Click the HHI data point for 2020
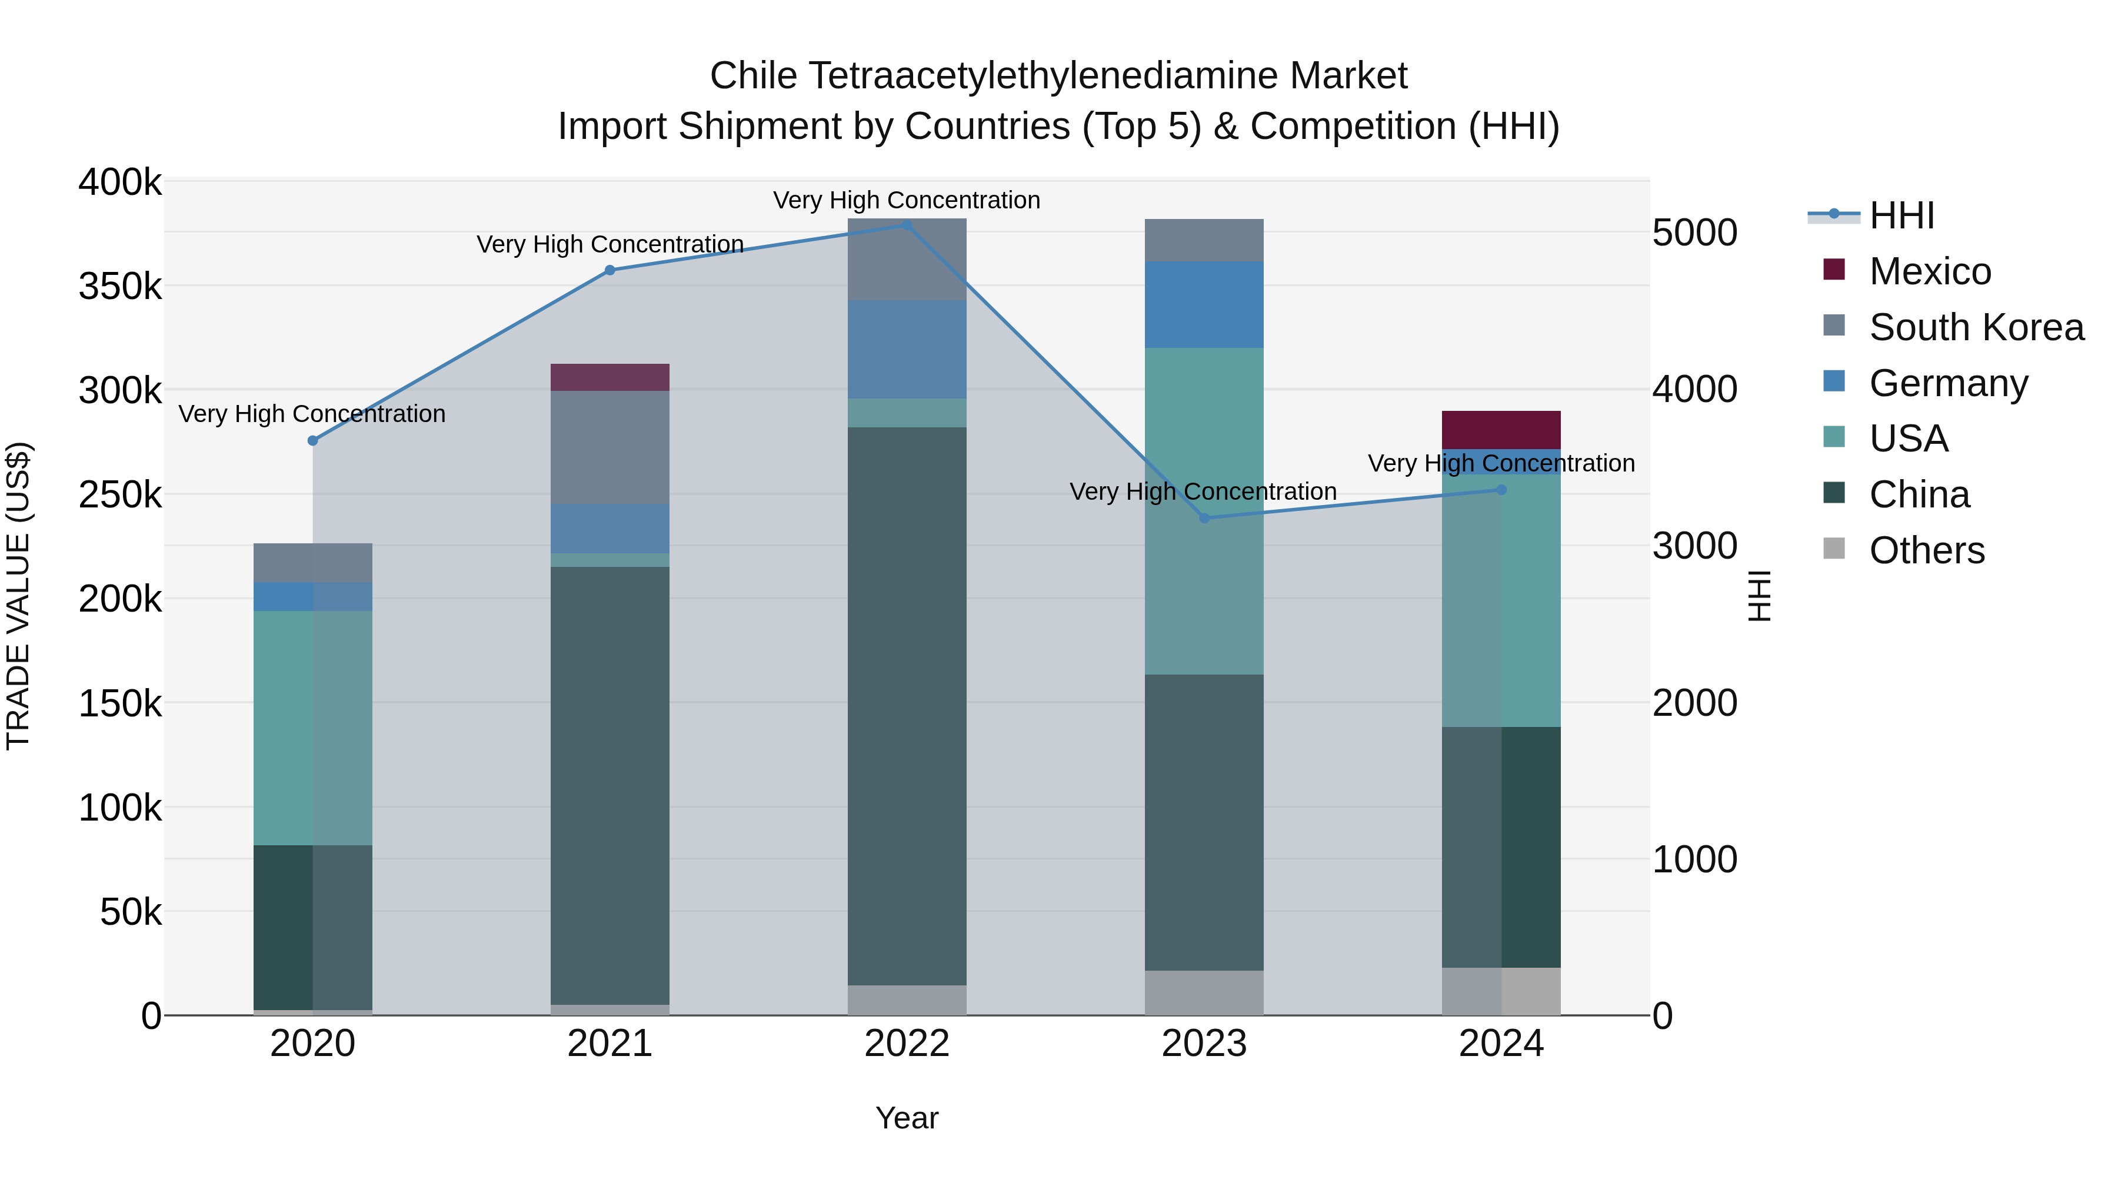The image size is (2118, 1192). [312, 441]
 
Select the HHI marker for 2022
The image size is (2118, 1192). [907, 225]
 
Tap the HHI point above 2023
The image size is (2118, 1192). [1204, 518]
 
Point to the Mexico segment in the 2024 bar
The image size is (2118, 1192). [1501, 430]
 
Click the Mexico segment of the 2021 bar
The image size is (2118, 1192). [610, 377]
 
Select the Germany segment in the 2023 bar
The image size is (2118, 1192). [1204, 304]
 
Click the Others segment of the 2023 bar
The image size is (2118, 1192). [1204, 993]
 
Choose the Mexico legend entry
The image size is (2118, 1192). [1930, 271]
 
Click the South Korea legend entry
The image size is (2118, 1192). [1976, 327]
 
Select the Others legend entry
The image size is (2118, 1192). [1926, 550]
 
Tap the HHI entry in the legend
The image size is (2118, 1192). [1901, 215]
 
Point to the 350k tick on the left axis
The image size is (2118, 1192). [120, 287]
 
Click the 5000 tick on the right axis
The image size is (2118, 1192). [1694, 233]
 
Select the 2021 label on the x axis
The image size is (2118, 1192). [610, 1044]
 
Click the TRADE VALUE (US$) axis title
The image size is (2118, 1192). [18, 596]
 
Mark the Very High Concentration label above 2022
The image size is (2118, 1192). [907, 201]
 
